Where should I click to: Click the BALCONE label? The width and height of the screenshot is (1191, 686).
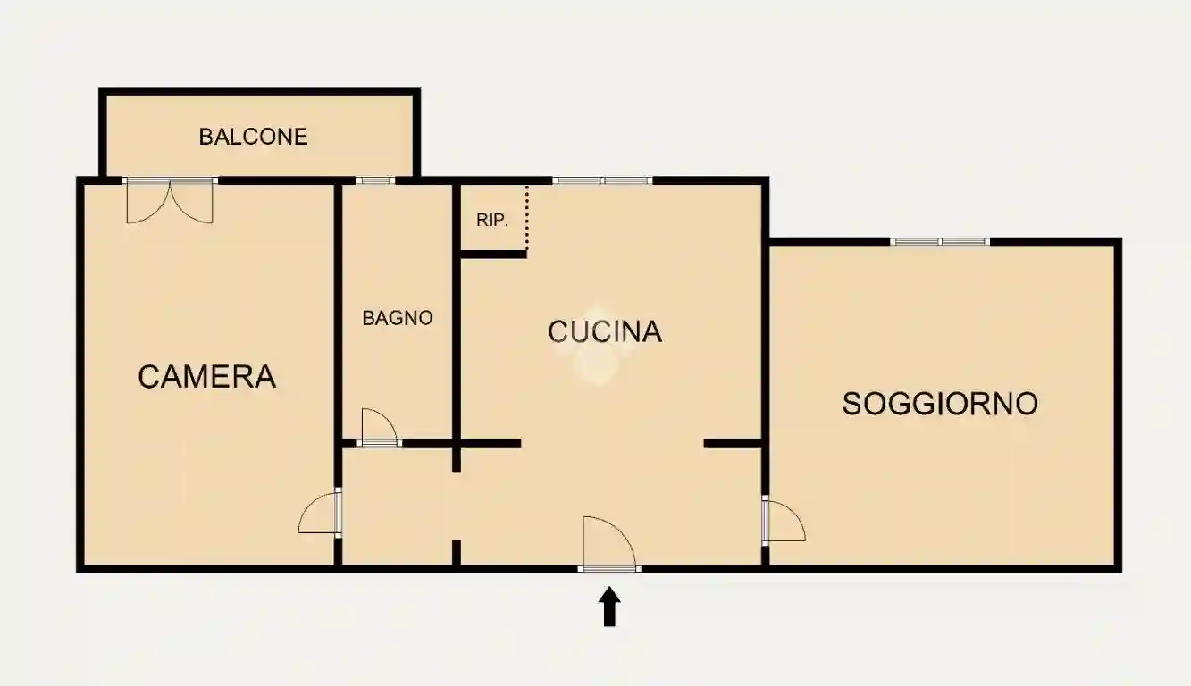tap(253, 137)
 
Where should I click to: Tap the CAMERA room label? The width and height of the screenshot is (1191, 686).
tap(206, 377)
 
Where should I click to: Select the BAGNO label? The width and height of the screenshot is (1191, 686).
tap(398, 318)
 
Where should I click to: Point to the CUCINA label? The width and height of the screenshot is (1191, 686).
tap(605, 331)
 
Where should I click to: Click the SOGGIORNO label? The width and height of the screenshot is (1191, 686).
tap(941, 404)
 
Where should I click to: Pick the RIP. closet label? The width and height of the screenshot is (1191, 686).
tap(492, 220)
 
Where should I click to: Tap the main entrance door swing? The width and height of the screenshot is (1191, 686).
tap(608, 544)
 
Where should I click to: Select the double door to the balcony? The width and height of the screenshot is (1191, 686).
tap(170, 200)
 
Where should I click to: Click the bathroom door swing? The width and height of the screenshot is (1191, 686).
tap(378, 426)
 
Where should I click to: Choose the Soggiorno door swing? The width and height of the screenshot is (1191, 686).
tap(784, 521)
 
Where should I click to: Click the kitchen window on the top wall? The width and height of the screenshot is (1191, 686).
tap(602, 180)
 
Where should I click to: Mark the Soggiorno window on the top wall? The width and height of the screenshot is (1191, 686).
tap(940, 241)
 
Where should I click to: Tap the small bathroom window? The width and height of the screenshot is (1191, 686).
tap(375, 180)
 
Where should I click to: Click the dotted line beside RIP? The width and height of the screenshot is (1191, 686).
tap(527, 219)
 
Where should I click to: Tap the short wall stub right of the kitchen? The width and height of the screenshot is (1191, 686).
tap(733, 442)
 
